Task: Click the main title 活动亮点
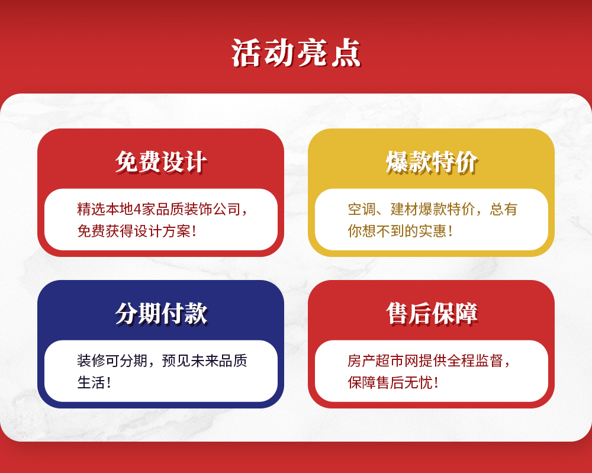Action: tap(296, 53)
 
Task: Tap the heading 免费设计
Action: tap(161, 162)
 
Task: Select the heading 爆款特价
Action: tap(432, 162)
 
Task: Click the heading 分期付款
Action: tap(161, 313)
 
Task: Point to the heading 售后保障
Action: tap(432, 313)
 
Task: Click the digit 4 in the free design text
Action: tap(137, 209)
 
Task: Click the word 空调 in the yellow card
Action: tap(362, 209)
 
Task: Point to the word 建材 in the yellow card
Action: tap(404, 209)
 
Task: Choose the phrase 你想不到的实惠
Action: tap(397, 231)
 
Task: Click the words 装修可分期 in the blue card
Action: tap(112, 361)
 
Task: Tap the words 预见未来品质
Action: tap(204, 361)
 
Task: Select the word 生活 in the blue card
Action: tap(91, 382)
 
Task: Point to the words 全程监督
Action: tap(475, 361)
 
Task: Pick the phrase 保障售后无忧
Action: tap(390, 382)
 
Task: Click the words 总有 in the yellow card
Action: tap(503, 209)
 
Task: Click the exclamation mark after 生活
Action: tap(109, 382)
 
